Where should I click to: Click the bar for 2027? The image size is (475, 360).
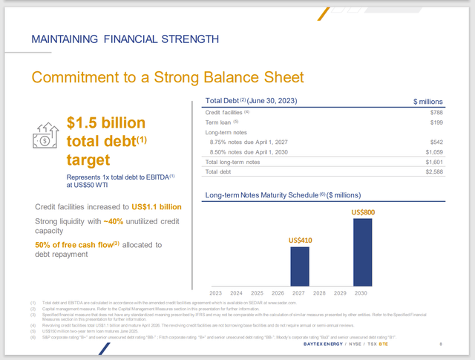[x=300, y=266]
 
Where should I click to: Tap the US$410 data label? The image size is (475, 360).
[x=300, y=240]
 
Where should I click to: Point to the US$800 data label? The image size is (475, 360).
[x=363, y=213]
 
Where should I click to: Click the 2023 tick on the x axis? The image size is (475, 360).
[x=217, y=292]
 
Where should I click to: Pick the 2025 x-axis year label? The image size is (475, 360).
[x=258, y=292]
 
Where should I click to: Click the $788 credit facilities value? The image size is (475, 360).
[x=436, y=112]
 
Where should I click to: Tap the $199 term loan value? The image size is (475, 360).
[x=436, y=122]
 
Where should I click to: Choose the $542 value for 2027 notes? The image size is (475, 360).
[x=436, y=141]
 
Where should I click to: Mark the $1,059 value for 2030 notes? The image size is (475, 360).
[x=433, y=151]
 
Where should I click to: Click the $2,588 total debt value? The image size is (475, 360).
[x=433, y=171]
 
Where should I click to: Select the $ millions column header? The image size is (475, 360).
[x=427, y=101]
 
